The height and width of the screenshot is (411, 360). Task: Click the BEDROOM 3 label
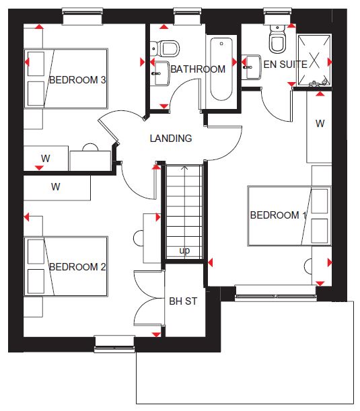coord(77,80)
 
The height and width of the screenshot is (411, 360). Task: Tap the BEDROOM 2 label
coord(77,267)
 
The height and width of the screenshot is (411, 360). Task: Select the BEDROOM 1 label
coord(278,215)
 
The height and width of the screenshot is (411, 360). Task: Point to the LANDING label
coord(171,139)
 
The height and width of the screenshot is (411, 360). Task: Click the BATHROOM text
coord(198,69)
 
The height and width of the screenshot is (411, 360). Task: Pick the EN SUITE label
coord(285,65)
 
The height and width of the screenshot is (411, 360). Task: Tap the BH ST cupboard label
coord(183,301)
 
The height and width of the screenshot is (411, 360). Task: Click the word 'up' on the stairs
coord(184,251)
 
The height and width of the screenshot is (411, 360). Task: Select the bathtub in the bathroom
coord(221,69)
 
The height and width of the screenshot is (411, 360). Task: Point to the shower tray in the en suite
coord(314,60)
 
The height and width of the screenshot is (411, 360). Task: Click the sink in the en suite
coord(251,67)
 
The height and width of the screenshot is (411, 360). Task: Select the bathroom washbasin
coord(161,73)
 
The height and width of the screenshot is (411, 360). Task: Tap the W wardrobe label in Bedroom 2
coord(56,187)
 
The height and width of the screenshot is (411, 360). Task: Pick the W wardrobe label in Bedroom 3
coord(46,158)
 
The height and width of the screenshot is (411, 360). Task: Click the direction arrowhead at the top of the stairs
coord(185,167)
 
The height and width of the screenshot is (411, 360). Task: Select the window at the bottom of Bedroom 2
coord(114,344)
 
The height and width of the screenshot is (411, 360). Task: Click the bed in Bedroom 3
coord(66,79)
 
